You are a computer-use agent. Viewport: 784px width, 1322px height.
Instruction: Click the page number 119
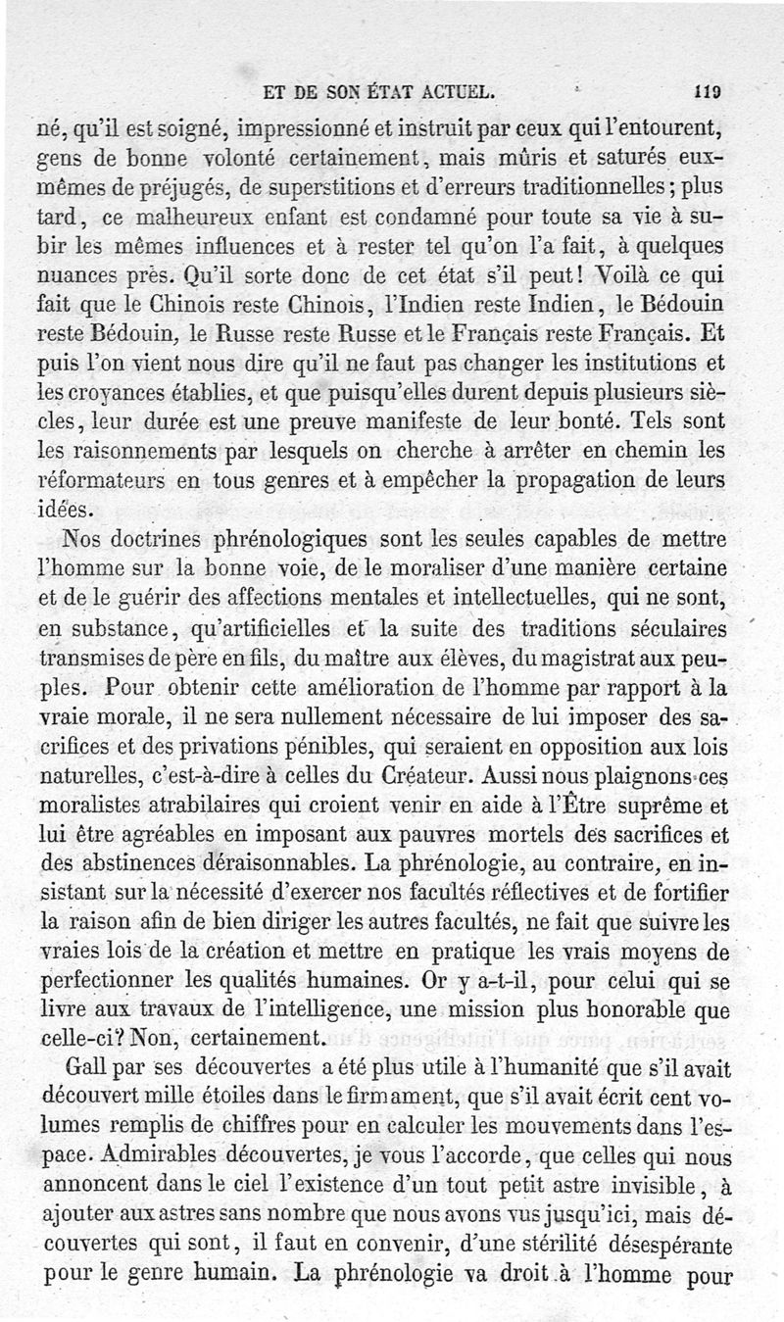click(x=707, y=94)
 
